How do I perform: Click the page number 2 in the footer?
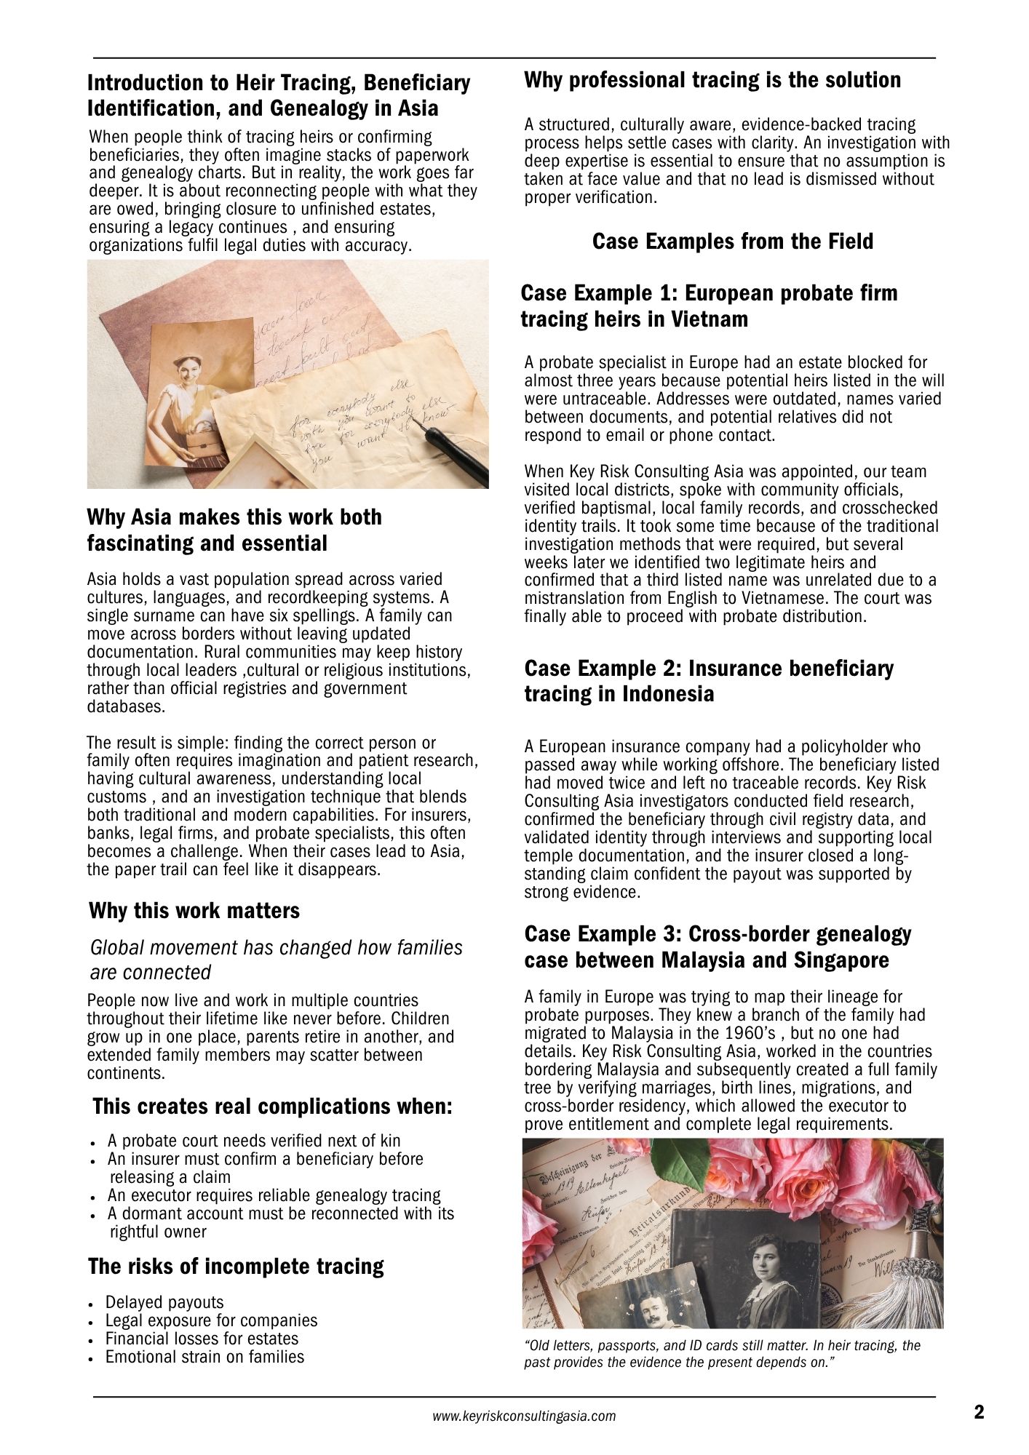point(979,1413)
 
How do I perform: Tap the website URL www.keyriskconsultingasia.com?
point(524,1416)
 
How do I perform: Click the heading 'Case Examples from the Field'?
point(732,242)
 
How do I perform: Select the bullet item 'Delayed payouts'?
point(164,1302)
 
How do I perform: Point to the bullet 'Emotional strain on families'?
point(204,1357)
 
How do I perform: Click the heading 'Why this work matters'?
point(194,911)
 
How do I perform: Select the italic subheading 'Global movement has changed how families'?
point(276,948)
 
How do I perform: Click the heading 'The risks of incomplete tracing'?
point(236,1267)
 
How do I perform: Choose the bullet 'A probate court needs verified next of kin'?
point(254,1141)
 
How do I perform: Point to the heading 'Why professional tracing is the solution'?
point(712,80)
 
